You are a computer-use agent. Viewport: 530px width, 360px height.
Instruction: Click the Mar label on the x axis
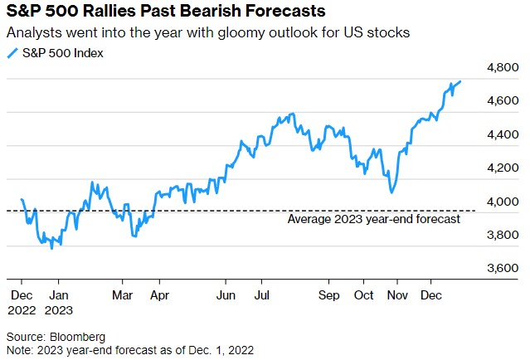(x=122, y=294)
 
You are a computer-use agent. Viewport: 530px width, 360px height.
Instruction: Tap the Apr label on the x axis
(x=159, y=294)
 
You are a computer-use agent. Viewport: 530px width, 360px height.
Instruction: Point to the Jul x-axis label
(x=260, y=294)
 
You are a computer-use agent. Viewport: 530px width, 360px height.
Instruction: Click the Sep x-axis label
(x=329, y=294)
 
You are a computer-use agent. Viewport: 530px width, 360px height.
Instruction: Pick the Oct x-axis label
(x=363, y=294)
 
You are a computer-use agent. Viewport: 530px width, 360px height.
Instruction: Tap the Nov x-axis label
(x=398, y=294)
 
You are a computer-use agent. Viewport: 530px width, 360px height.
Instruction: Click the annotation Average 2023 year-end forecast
(x=374, y=220)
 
